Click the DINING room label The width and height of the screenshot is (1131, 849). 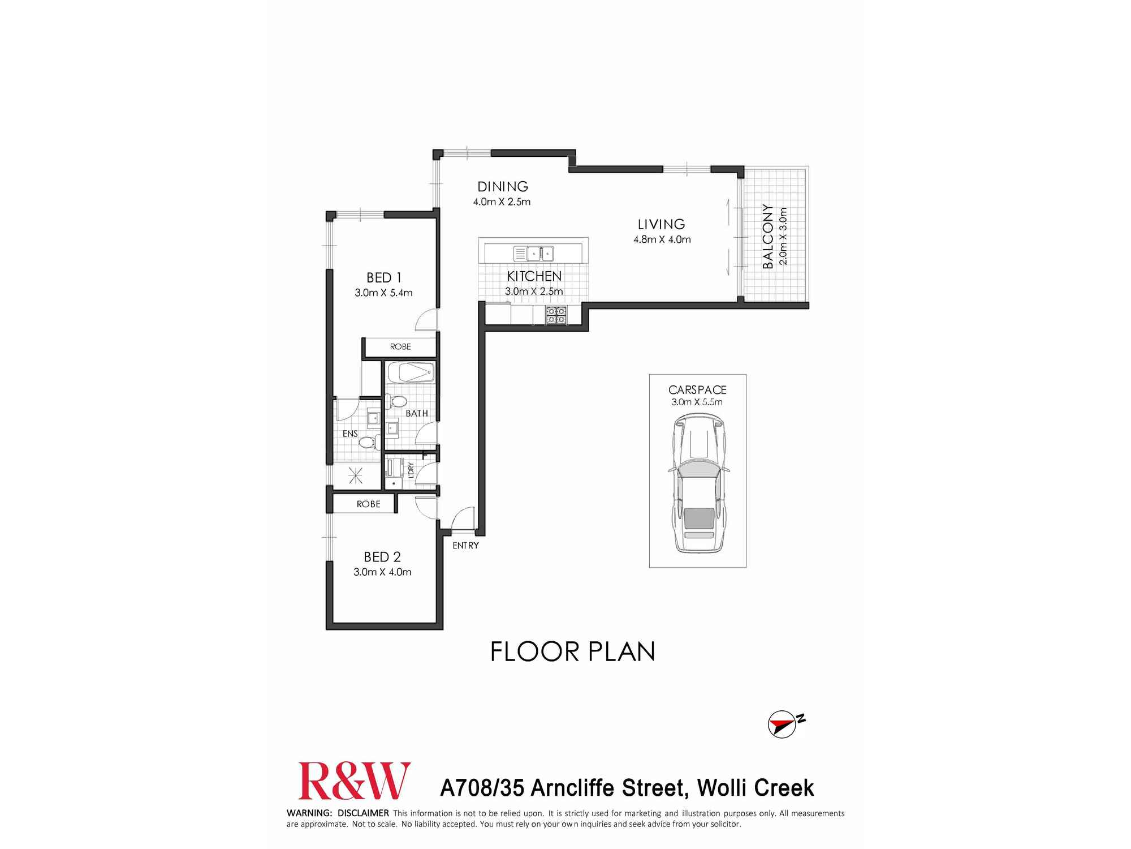point(502,187)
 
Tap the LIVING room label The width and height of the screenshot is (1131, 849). point(661,225)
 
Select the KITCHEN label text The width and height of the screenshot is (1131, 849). point(534,276)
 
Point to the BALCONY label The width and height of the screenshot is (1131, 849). point(767,236)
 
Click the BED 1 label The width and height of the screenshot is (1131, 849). point(383,278)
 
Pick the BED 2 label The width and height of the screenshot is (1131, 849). point(382,557)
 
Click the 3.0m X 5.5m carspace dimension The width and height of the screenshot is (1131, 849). point(697,402)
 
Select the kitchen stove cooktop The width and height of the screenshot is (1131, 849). point(556,315)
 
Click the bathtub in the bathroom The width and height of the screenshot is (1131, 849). point(411,373)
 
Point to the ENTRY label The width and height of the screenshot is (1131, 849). point(465,546)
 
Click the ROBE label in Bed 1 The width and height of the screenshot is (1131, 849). point(400,347)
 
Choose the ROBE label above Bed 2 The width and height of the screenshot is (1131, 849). point(368,504)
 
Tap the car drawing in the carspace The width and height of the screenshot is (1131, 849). point(698,484)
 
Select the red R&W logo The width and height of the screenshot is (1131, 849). point(354,781)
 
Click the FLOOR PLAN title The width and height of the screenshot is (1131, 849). point(572,652)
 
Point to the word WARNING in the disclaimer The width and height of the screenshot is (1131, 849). point(309,813)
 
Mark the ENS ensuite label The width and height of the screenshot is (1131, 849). point(350,434)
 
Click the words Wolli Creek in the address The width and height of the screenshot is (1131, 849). point(755,788)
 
